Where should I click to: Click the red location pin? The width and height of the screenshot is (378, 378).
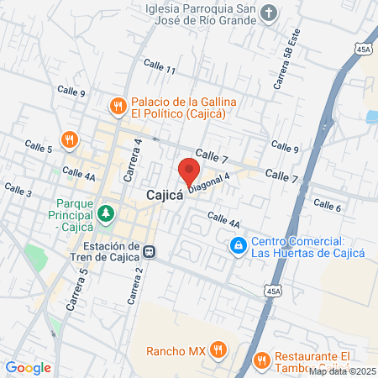pyautogui.click(x=188, y=171)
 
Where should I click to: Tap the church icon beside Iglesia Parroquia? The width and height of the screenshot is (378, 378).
pyautogui.click(x=267, y=13)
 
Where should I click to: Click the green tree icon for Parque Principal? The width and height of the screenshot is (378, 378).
pyautogui.click(x=105, y=213)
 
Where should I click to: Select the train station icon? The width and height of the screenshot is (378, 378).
pyautogui.click(x=148, y=250)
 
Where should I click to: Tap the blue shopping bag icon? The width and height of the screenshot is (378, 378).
pyautogui.click(x=239, y=245)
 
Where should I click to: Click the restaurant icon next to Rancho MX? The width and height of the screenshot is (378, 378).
pyautogui.click(x=218, y=349)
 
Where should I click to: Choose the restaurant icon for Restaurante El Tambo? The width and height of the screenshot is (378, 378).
pyautogui.click(x=261, y=360)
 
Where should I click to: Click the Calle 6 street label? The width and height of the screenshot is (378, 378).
pyautogui.click(x=327, y=205)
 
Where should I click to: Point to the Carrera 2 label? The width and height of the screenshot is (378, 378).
pyautogui.click(x=136, y=285)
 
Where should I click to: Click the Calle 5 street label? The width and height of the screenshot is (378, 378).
pyautogui.click(x=39, y=150)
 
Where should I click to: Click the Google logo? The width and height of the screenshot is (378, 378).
pyautogui.click(x=29, y=367)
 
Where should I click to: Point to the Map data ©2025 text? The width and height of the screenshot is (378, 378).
pyautogui.click(x=342, y=371)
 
